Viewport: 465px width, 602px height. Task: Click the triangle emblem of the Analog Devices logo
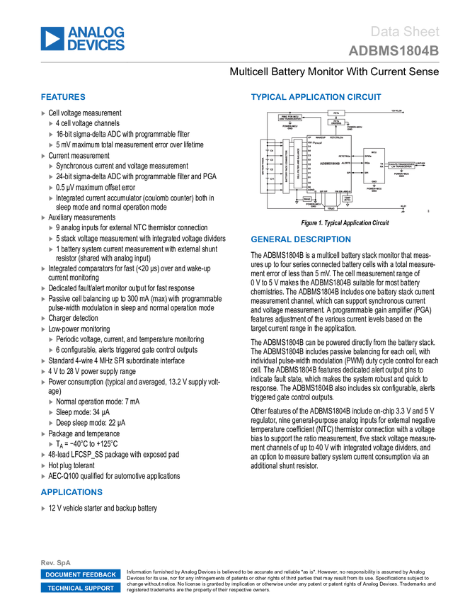click(52, 39)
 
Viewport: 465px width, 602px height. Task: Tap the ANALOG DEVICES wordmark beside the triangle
click(96, 39)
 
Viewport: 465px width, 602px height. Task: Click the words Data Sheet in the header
click(406, 32)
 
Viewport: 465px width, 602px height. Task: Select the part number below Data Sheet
click(394, 51)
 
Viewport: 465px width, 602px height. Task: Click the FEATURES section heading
click(63, 98)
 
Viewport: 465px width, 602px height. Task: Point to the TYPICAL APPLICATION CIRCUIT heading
click(316, 98)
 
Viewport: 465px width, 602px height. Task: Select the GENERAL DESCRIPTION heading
click(300, 239)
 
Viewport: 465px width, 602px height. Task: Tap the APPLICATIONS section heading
click(71, 492)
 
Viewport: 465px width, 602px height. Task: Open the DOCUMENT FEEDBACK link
click(81, 575)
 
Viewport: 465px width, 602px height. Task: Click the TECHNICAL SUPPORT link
click(81, 588)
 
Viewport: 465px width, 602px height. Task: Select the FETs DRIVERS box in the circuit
click(337, 122)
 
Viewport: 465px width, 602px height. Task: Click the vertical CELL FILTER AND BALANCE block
click(298, 164)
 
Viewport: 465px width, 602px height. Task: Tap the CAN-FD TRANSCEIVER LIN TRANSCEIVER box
click(401, 164)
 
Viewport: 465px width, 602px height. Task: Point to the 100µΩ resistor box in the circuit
click(331, 208)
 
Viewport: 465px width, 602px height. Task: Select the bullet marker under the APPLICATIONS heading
click(43, 509)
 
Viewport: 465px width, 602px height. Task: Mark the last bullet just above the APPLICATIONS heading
click(43, 477)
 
